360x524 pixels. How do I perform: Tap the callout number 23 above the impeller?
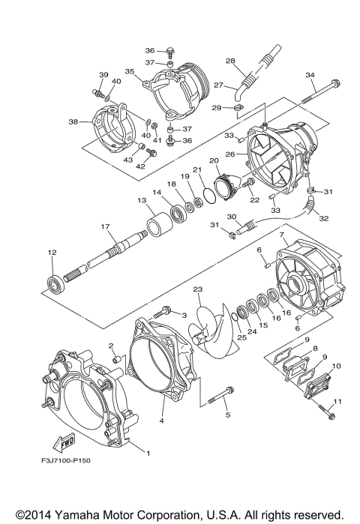point(197,289)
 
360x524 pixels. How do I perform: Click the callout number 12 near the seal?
point(52,253)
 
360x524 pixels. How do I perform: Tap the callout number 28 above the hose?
point(230,61)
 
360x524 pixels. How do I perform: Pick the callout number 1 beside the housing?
point(148,453)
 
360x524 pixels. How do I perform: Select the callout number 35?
point(129,72)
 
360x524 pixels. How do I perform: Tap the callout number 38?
point(73,121)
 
